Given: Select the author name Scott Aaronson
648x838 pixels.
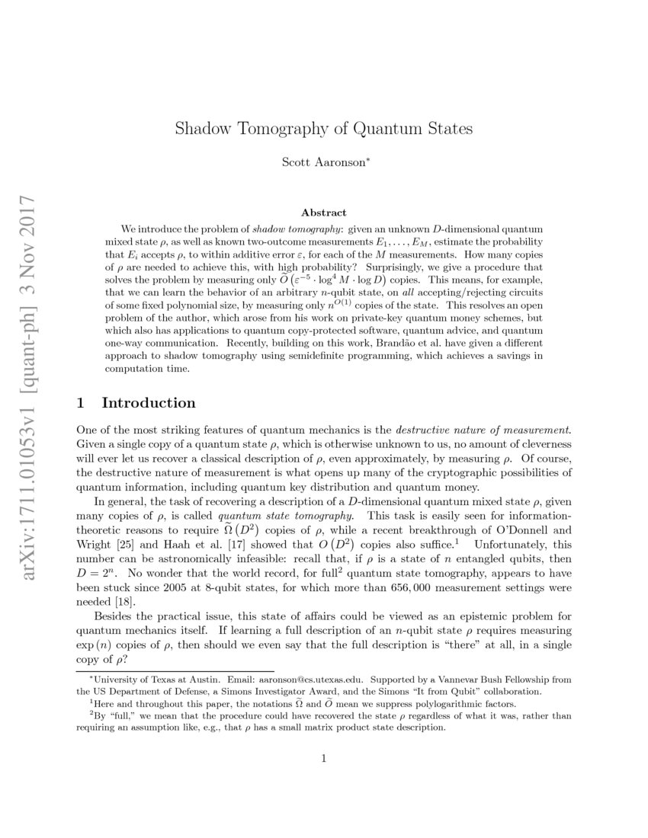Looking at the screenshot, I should (323, 162).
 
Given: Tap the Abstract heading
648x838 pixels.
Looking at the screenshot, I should (323, 213).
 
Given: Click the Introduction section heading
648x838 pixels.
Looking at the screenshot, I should (148, 403).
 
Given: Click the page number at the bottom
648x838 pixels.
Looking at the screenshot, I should (324, 758).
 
